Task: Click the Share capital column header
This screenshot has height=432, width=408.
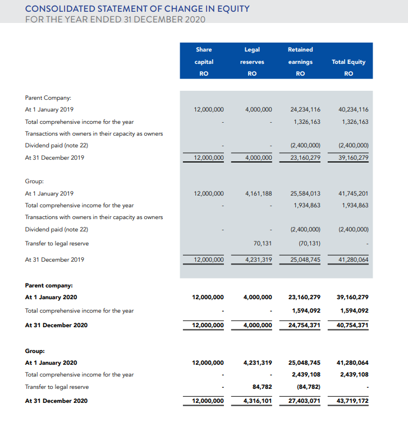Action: pyautogui.click(x=204, y=62)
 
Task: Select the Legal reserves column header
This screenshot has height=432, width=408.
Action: pyautogui.click(x=252, y=62)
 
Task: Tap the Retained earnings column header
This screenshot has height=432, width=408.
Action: pyautogui.click(x=300, y=62)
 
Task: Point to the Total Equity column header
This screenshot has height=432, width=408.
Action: pyautogui.click(x=349, y=62)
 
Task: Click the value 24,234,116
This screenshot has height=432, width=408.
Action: pyautogui.click(x=305, y=109)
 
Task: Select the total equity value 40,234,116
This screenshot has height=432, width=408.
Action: pyautogui.click(x=354, y=109)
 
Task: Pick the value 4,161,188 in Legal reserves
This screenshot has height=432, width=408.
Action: pyautogui.click(x=259, y=193)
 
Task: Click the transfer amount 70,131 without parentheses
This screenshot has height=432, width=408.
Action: pyautogui.click(x=263, y=243)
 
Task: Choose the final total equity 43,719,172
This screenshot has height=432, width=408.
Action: pyautogui.click(x=352, y=401)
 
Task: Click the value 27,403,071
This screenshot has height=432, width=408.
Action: pyautogui.click(x=304, y=401)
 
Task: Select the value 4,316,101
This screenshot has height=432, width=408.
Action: pyautogui.click(x=258, y=401)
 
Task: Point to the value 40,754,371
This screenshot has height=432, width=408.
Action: pyautogui.click(x=352, y=325)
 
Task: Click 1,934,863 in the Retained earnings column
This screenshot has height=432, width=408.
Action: pyautogui.click(x=307, y=205)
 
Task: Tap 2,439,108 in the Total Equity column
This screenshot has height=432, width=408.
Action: pyautogui.click(x=355, y=375)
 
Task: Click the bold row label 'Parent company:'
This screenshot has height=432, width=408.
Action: pyautogui.click(x=49, y=285)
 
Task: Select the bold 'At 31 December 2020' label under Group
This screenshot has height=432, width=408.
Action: pyautogui.click(x=56, y=401)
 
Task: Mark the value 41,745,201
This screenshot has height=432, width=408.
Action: pyautogui.click(x=354, y=193)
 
